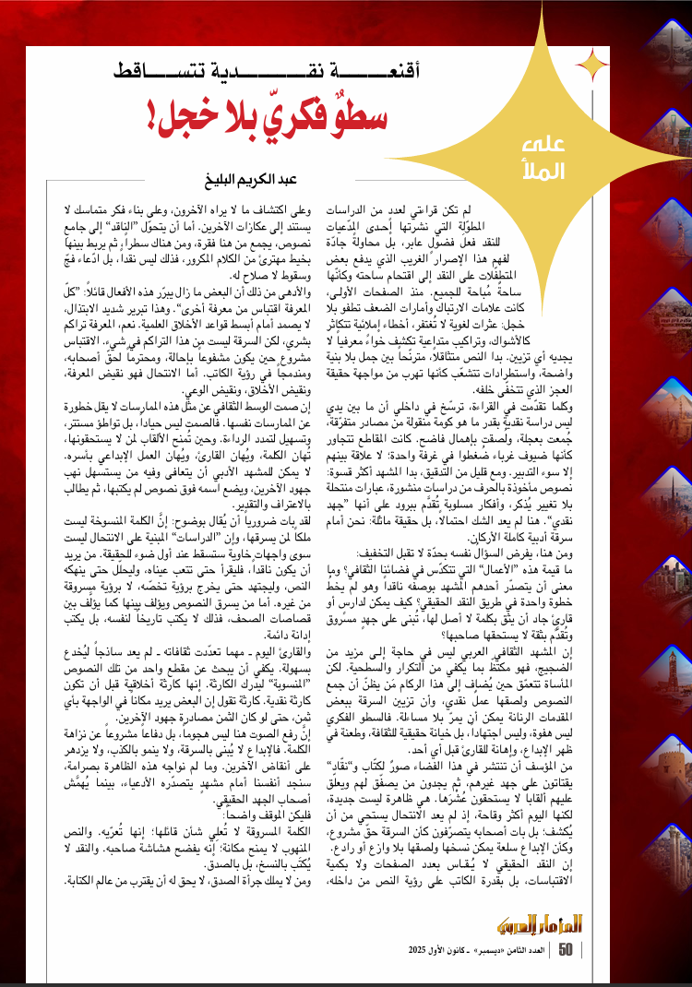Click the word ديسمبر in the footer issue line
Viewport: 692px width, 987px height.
point(485,949)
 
